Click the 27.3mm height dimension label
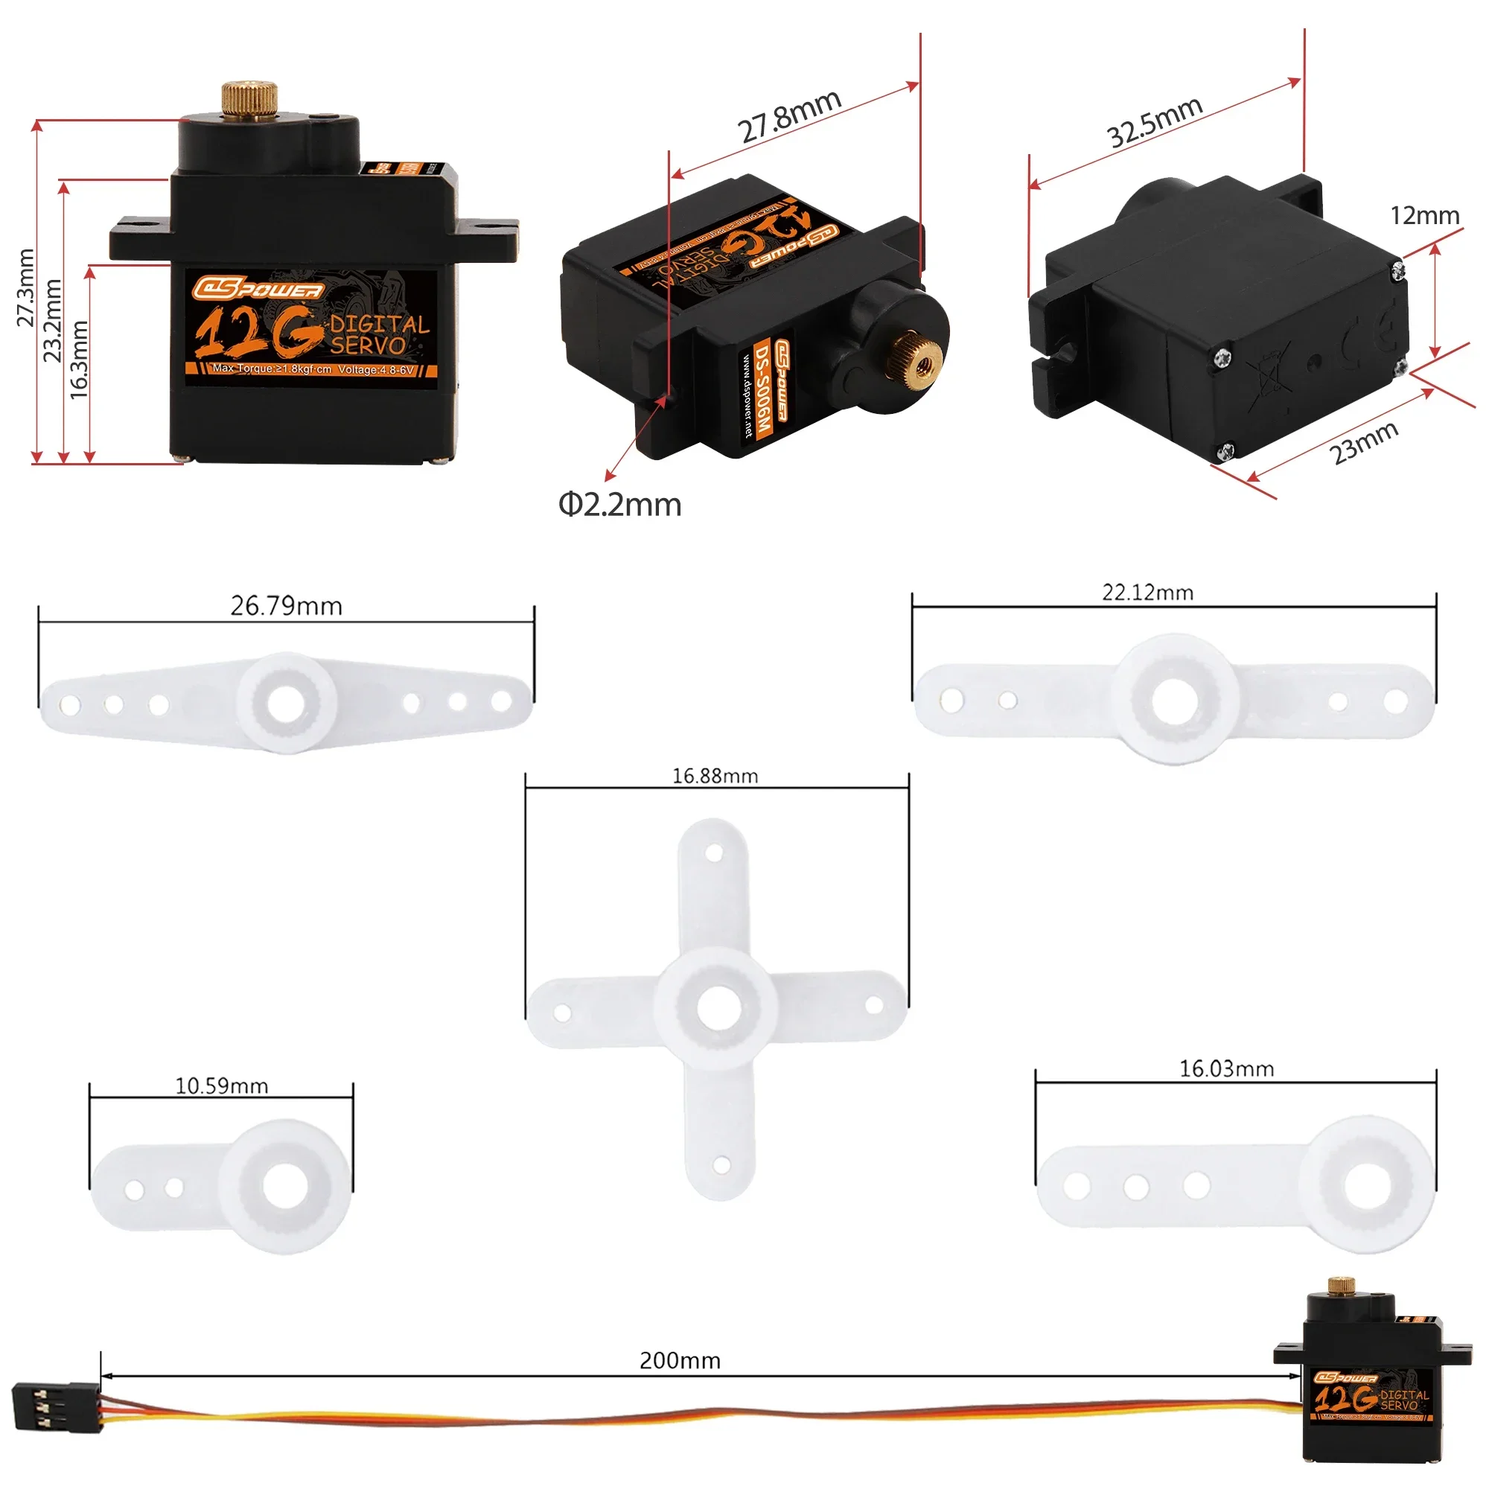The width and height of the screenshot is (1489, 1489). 26,287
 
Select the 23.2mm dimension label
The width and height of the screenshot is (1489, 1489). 51,320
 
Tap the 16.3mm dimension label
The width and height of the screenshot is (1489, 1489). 79,359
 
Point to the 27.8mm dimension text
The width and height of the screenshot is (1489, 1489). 789,117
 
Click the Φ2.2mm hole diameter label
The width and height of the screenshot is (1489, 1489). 619,505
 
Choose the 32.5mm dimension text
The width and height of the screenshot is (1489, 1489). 1154,122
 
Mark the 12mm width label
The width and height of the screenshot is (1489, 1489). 1424,215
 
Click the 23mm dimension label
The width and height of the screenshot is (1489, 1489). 1364,442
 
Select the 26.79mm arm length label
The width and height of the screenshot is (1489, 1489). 286,606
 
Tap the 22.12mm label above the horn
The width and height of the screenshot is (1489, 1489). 1147,593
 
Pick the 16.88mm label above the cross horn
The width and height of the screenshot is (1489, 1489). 715,776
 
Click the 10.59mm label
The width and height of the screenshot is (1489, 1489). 221,1086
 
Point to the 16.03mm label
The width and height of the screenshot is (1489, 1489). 1226,1069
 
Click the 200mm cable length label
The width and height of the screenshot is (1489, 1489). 680,1360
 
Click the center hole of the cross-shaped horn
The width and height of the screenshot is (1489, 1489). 719,1007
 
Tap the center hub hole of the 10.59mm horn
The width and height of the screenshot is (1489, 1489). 284,1186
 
